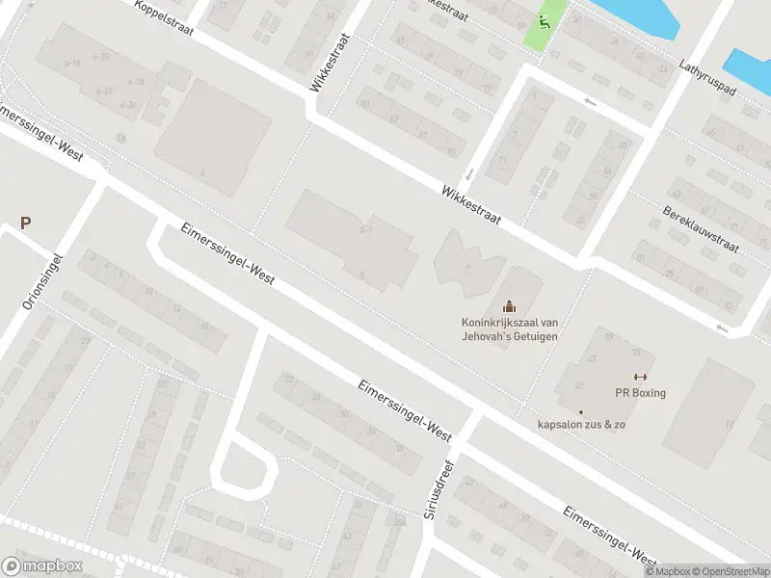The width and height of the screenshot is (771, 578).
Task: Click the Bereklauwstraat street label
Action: click(701, 228)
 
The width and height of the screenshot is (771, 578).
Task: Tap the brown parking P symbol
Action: click(26, 223)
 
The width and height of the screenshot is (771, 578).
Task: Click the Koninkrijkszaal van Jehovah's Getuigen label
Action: click(509, 329)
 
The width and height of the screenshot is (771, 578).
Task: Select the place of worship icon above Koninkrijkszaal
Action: click(509, 305)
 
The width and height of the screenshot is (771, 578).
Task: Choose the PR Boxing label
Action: click(641, 393)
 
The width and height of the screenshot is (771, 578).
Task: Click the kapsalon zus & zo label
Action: click(582, 424)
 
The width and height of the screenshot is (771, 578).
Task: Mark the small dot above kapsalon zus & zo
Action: click(580, 411)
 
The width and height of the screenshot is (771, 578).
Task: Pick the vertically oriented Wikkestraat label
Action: click(327, 63)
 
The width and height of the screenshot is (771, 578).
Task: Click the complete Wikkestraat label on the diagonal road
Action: click(472, 205)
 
